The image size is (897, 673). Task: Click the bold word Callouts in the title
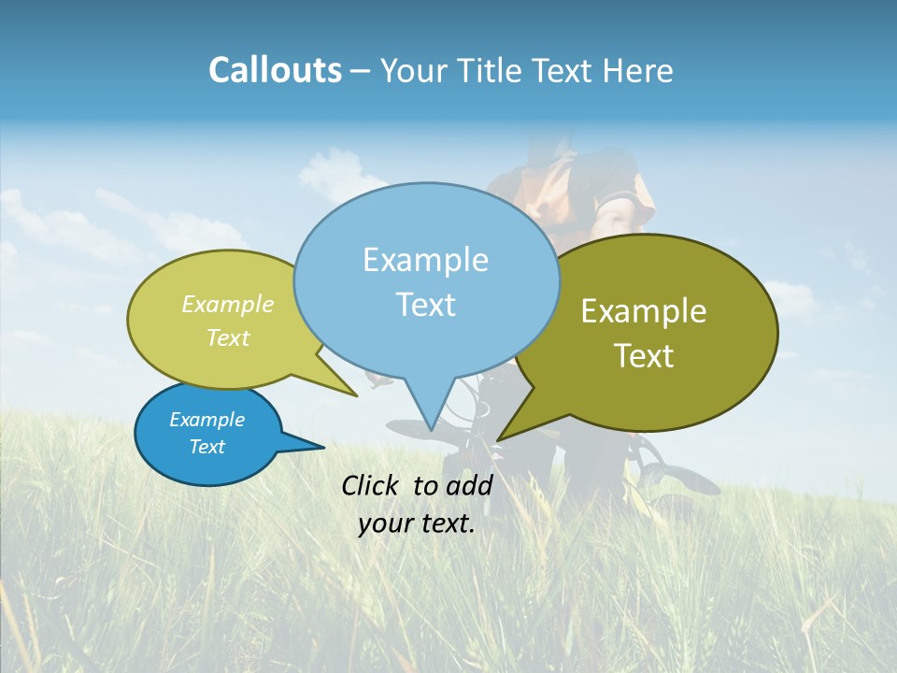275,70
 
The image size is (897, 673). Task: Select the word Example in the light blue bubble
425,260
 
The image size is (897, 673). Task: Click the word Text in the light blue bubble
425,305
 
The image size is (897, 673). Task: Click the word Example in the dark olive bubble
644,311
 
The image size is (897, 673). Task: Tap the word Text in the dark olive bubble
644,356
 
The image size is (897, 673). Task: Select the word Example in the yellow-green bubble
228,305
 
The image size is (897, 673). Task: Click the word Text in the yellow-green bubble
228,338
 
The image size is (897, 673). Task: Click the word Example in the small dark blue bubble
206,420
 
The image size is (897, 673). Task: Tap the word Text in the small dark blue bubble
206,447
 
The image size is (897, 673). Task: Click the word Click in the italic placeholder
371,485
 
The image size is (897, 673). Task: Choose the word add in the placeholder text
469,485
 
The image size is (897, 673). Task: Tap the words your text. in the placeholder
417,523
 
